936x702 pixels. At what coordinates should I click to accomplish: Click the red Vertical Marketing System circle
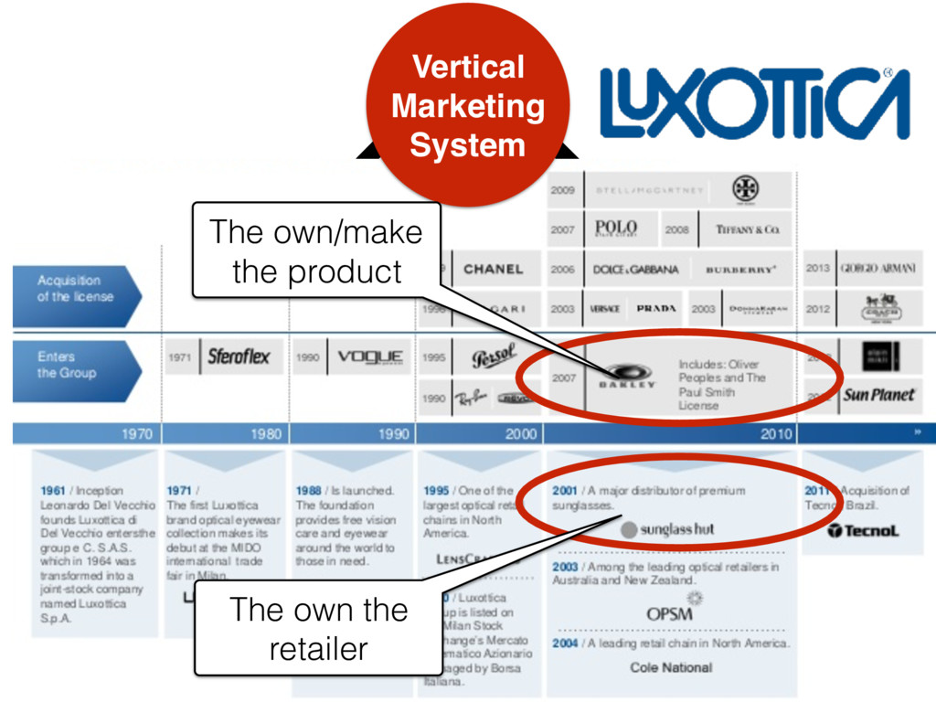(x=467, y=105)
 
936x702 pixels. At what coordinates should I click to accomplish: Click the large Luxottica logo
(x=755, y=102)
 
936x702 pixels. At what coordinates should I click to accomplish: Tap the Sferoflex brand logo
(x=239, y=357)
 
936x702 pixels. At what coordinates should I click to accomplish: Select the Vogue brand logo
(x=370, y=357)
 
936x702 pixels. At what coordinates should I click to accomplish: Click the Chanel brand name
(x=494, y=270)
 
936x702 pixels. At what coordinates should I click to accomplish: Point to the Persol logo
(x=495, y=357)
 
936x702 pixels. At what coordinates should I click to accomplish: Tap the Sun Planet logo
(x=878, y=395)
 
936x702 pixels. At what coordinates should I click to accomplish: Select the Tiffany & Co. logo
(x=747, y=230)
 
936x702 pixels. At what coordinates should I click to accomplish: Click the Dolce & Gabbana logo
(x=636, y=271)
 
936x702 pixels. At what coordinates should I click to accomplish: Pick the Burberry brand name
(x=740, y=271)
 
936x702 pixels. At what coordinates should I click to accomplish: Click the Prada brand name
(x=655, y=309)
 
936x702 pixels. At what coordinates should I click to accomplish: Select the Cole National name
(x=671, y=668)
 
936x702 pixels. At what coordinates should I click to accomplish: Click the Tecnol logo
(x=863, y=531)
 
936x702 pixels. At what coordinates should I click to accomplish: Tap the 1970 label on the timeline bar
(x=137, y=434)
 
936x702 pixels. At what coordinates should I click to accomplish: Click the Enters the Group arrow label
(x=77, y=365)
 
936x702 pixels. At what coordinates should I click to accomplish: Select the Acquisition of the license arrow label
(x=77, y=289)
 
